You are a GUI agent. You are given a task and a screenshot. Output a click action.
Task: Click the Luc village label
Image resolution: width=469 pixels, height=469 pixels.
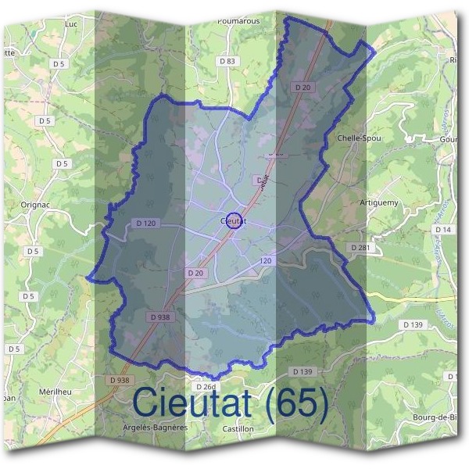(x=74, y=24)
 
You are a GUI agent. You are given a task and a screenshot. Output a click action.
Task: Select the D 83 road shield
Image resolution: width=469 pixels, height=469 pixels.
(x=227, y=60)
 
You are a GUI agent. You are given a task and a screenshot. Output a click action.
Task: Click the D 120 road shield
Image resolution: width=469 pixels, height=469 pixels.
(x=145, y=224)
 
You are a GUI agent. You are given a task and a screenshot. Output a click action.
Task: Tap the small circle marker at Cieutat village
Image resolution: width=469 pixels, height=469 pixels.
(x=233, y=220)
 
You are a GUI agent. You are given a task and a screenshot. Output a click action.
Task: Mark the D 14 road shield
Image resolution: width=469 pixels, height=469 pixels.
(x=443, y=229)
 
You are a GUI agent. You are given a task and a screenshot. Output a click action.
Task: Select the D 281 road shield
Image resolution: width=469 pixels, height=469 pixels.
(x=360, y=247)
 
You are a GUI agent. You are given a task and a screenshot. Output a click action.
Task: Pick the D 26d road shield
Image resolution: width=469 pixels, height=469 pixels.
(x=205, y=387)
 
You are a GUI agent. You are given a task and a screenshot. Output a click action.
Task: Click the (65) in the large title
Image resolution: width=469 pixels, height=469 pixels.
(x=296, y=403)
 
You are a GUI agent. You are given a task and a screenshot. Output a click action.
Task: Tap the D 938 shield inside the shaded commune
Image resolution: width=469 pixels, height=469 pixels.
(x=159, y=317)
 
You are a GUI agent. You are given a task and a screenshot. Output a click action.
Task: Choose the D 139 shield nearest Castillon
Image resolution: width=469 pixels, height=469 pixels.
(x=301, y=371)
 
